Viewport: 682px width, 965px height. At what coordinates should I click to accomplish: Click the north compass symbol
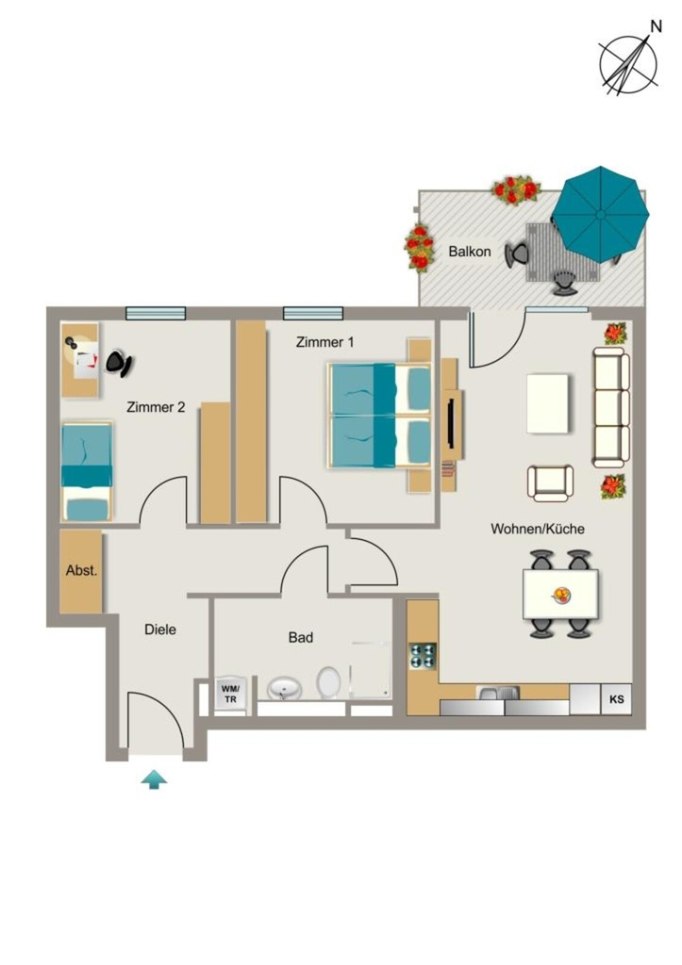coord(629,61)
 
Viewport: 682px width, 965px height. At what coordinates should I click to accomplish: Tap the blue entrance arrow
coord(154,779)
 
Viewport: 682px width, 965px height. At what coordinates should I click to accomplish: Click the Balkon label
coord(470,251)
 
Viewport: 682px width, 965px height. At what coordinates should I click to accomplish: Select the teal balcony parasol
coord(600,214)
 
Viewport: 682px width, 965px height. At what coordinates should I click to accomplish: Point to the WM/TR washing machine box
coord(230,695)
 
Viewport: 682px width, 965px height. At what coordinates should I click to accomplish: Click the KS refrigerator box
coord(616,699)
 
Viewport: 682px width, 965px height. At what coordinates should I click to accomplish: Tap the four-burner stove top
coord(423,656)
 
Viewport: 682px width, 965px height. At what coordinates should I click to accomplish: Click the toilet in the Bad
coord(329,682)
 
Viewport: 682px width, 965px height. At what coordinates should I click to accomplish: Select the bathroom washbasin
coord(285,688)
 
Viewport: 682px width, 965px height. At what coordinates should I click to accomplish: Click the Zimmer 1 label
coord(324,341)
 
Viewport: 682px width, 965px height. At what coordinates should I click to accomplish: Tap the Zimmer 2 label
coord(156,407)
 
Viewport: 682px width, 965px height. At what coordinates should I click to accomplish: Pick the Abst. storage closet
coord(81,572)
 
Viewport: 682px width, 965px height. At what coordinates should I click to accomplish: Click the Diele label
coord(160,629)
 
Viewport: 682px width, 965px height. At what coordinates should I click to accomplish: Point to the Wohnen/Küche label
coord(538,529)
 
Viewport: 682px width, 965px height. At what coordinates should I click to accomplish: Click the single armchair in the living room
coord(550,483)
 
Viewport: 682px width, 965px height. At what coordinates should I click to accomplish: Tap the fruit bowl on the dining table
coord(561,595)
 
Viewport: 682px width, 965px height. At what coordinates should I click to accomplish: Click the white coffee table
coord(548,403)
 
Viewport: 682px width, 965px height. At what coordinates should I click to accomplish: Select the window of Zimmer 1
coord(313,313)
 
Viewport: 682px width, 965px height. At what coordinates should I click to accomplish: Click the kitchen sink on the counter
coord(498,693)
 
